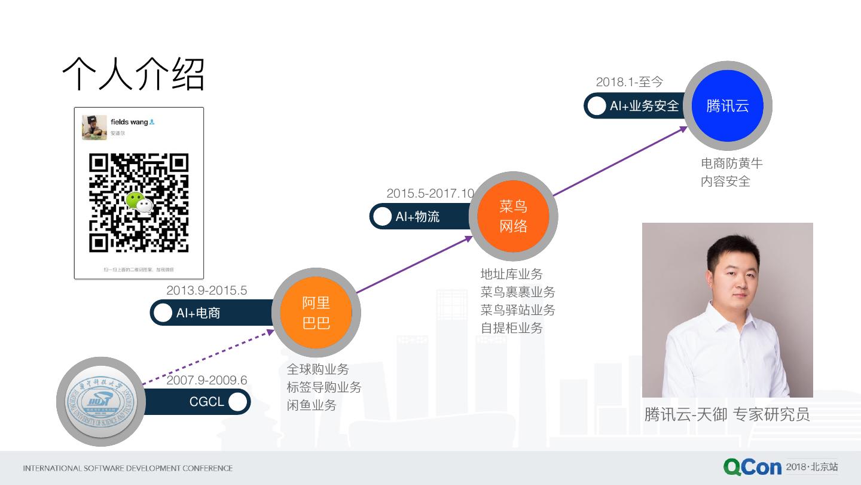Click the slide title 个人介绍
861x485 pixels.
point(133,75)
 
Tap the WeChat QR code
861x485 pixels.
point(139,202)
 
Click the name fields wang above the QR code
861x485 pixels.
point(129,122)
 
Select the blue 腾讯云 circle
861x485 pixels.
point(727,106)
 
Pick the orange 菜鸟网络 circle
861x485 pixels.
point(513,216)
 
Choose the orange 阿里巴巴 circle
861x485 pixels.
point(316,313)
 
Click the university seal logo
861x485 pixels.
point(100,401)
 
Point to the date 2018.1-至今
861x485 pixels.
point(629,82)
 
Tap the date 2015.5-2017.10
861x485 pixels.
point(430,193)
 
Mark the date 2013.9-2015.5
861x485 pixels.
point(206,290)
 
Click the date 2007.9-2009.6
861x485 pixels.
point(206,380)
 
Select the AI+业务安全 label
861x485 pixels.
point(644,106)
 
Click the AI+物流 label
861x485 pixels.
point(417,217)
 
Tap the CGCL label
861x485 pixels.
point(206,402)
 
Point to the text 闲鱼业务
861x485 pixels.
point(312,405)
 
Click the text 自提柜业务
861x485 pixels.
point(512,328)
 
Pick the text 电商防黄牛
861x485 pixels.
point(732,163)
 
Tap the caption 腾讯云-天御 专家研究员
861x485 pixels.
point(727,414)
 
